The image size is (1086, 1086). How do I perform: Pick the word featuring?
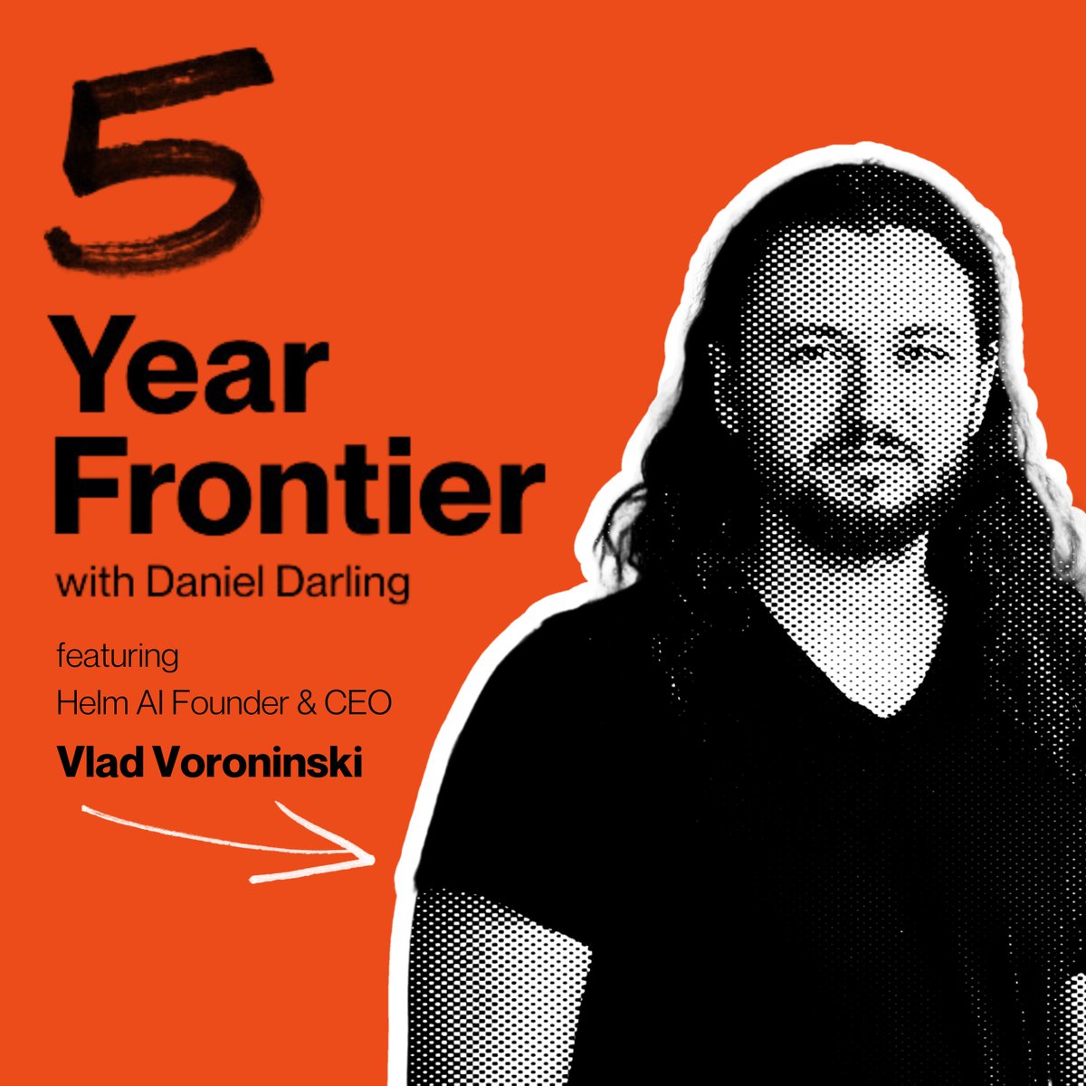pyautogui.click(x=118, y=654)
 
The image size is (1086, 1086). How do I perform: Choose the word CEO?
pyautogui.click(x=359, y=704)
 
